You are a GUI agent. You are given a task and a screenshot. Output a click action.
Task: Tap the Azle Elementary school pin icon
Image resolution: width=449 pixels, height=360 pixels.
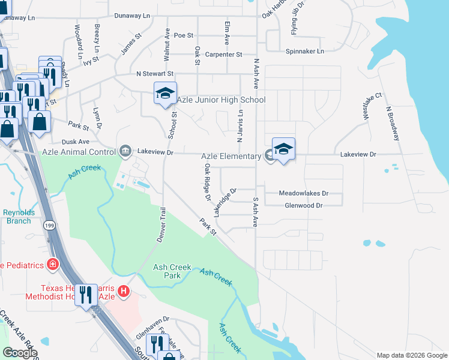pos(283,149)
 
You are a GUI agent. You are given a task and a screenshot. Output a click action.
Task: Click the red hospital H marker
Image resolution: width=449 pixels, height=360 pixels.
pos(124,292)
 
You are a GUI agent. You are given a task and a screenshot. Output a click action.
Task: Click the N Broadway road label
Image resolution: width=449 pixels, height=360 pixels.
pos(393,124)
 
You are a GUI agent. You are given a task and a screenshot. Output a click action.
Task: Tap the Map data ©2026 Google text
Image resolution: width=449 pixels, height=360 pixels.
pos(412,355)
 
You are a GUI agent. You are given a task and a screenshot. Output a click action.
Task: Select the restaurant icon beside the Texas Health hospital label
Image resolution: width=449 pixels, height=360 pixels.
pos(86,295)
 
